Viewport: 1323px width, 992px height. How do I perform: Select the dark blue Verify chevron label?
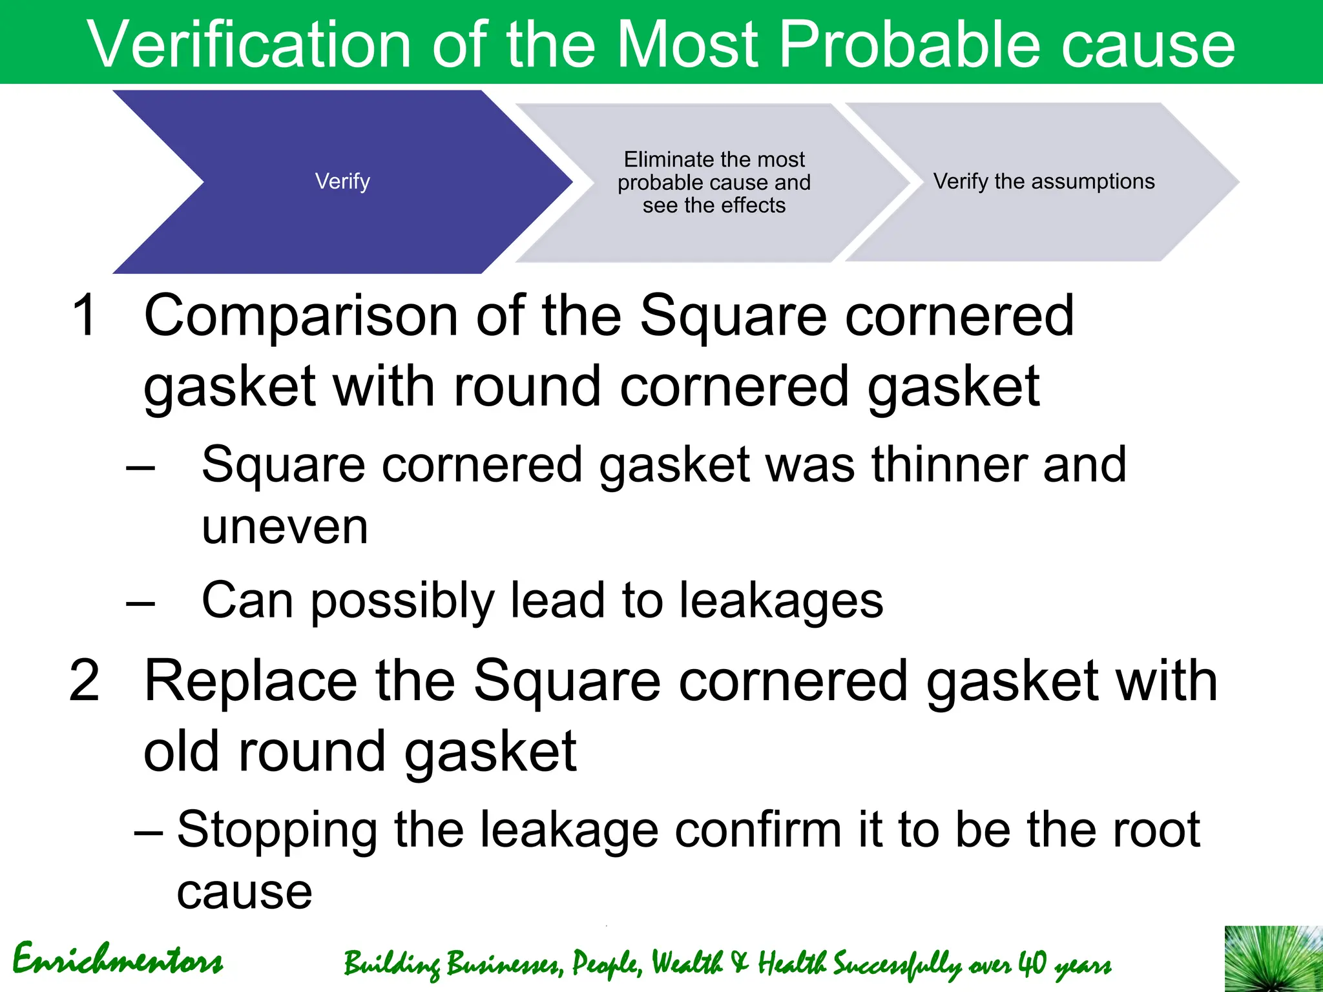coord(342,181)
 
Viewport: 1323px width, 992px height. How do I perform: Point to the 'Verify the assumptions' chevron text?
coord(1043,181)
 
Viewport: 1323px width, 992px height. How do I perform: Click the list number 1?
coord(85,315)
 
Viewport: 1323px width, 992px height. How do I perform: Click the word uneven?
coord(285,527)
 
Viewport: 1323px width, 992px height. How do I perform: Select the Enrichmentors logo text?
coord(118,960)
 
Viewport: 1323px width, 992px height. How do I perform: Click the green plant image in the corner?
coord(1273,959)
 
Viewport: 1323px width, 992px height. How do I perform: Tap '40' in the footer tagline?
coord(1032,963)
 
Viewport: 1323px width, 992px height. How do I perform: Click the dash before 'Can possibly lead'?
coord(141,604)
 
